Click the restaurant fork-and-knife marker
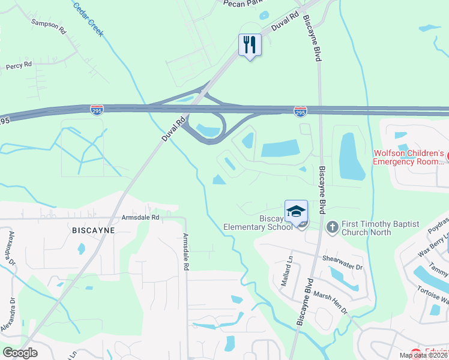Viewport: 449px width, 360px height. (250, 44)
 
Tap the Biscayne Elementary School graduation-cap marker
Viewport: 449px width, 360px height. (296, 211)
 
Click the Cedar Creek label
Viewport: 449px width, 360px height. (88, 18)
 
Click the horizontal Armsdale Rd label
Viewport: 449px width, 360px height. (140, 217)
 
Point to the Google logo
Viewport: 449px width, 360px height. (20, 352)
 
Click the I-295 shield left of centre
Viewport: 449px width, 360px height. (96, 110)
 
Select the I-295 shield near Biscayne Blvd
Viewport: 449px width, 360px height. (301, 112)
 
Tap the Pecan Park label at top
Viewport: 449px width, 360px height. (243, 4)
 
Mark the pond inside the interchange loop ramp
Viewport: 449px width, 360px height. (208, 129)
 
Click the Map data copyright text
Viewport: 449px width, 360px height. (424, 355)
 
